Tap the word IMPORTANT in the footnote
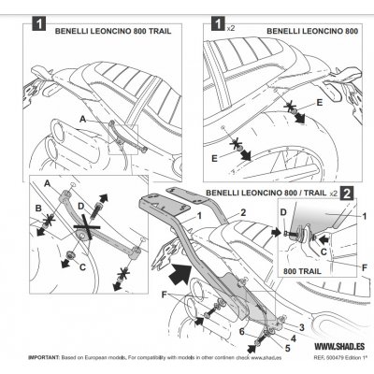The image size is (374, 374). (44, 356)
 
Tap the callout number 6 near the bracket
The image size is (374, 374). (242, 331)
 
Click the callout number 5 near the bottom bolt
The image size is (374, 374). (288, 348)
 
